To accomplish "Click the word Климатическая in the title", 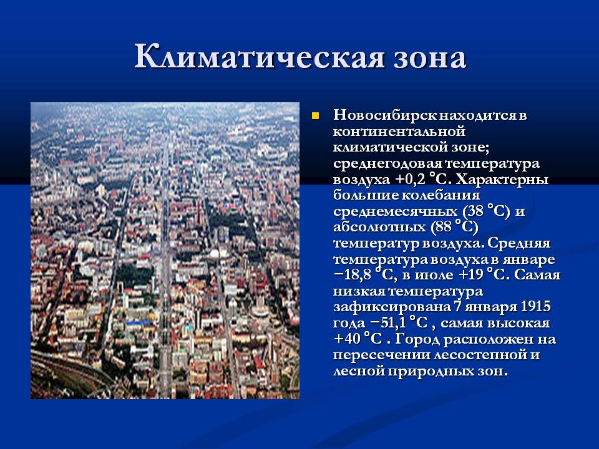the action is pyautogui.click(x=258, y=57).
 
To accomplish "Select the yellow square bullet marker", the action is pyautogui.click(x=315, y=116).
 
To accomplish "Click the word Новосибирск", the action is pyautogui.click(x=385, y=115).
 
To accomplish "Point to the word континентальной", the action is pyautogui.click(x=399, y=132).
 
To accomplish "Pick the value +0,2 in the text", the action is pyautogui.click(x=411, y=180).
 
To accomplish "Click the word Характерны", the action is pyautogui.click(x=502, y=179).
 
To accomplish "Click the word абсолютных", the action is pyautogui.click(x=379, y=227).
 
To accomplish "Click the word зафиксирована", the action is pyautogui.click(x=392, y=307).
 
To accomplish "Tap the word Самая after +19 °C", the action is pyautogui.click(x=537, y=275).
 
